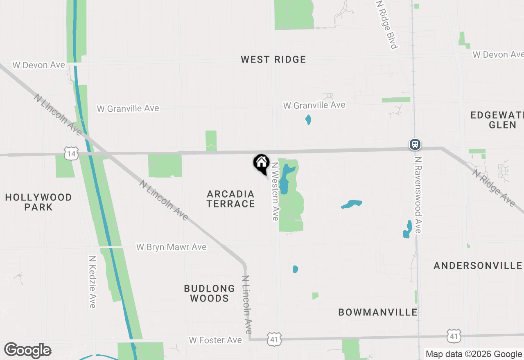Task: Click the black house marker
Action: pyautogui.click(x=261, y=163)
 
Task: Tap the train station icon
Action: pyautogui.click(x=415, y=144)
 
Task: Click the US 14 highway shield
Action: pyautogui.click(x=71, y=153)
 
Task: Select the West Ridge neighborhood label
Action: pyautogui.click(x=273, y=59)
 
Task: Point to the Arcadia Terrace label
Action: pyautogui.click(x=230, y=199)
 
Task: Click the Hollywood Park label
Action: pyautogui.click(x=38, y=202)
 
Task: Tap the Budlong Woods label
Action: pyautogui.click(x=209, y=293)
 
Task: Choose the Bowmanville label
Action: pyautogui.click(x=377, y=312)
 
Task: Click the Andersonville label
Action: pyautogui.click(x=478, y=265)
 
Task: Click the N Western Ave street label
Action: pyautogui.click(x=275, y=191)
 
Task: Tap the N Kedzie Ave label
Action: pyautogui.click(x=92, y=282)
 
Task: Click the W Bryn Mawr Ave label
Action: pyautogui.click(x=171, y=247)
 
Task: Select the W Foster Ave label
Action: pyautogui.click(x=215, y=340)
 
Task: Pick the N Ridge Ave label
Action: pyautogui.click(x=493, y=188)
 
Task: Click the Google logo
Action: pyautogui.click(x=27, y=350)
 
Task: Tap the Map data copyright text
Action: pyautogui.click(x=474, y=354)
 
